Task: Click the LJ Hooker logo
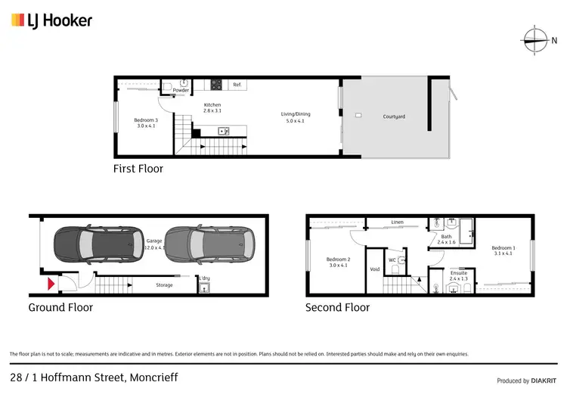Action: coord(51,20)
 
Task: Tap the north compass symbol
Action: coord(535,39)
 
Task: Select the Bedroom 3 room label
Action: coord(146,123)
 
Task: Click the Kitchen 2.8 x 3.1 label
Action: coord(212,107)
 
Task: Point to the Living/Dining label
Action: coord(297,117)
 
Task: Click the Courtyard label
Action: coord(394,117)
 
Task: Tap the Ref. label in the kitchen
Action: coord(237,85)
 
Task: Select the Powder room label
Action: coord(181,90)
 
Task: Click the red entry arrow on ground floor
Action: coord(51,284)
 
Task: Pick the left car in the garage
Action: coord(83,244)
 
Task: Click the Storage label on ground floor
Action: coord(164,285)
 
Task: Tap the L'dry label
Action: coord(204,278)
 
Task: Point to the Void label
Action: coord(374,269)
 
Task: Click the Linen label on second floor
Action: coord(397,222)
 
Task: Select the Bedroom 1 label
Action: coord(503,250)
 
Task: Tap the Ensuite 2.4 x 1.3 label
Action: coord(458,275)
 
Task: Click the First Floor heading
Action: coord(138,169)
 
